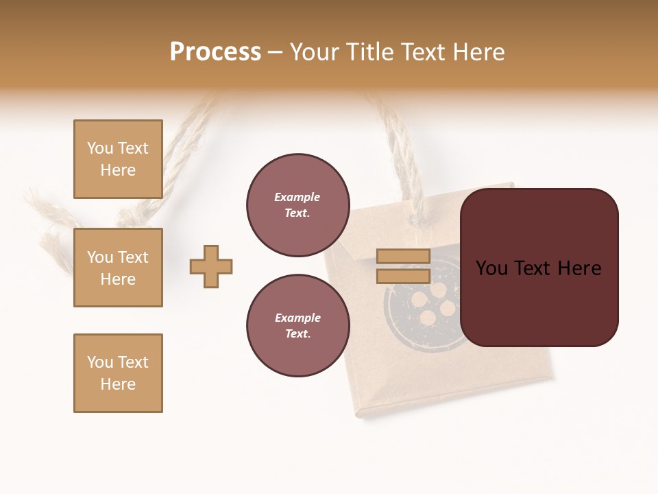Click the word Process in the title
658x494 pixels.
[215, 52]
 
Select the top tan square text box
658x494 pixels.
[118, 159]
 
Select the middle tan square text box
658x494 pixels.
[118, 268]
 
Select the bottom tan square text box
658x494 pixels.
[118, 373]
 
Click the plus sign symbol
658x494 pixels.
[211, 266]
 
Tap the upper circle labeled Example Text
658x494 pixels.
[297, 205]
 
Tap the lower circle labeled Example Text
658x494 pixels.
[297, 326]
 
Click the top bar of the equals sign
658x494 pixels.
[403, 257]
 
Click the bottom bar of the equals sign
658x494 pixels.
[403, 277]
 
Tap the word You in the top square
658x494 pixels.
[100, 148]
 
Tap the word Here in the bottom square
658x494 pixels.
[118, 384]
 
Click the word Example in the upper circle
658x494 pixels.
[297, 197]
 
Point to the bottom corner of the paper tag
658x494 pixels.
[360, 412]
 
